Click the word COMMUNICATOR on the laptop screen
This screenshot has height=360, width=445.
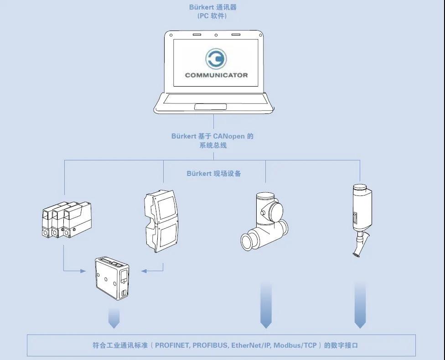pos(216,75)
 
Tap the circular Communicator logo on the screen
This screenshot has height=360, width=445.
pos(216,59)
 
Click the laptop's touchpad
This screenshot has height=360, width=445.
pos(210,107)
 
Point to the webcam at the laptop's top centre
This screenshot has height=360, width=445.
pos(216,35)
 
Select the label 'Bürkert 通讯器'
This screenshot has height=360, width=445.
pos(213,7)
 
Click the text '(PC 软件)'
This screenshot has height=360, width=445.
pos(212,16)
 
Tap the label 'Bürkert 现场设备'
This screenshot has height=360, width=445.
pos(214,173)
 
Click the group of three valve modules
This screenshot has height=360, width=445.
pos(67,220)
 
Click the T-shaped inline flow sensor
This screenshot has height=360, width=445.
pos(264,221)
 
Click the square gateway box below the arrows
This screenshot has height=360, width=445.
pos(112,278)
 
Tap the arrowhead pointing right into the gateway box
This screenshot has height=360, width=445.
pos(83,271)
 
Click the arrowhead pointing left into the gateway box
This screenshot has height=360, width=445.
pos(144,271)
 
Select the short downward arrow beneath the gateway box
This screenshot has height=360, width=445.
pos(114,318)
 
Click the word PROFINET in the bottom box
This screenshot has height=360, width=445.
pos(172,345)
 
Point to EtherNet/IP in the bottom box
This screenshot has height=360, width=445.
pos(251,345)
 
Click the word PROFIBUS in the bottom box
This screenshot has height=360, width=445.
pos(210,345)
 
